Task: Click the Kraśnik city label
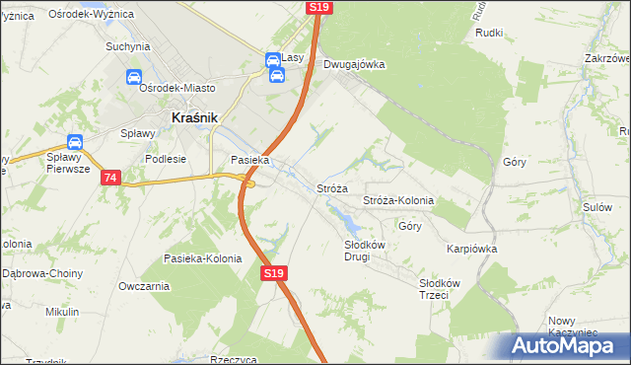[194, 116]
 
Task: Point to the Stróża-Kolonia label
[398, 200]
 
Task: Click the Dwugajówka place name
[354, 64]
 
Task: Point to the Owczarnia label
[143, 286]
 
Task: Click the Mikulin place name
[62, 312]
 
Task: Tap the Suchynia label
[127, 46]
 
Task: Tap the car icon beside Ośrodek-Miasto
[132, 77]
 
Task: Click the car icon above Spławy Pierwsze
[75, 143]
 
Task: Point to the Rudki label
[489, 33]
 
